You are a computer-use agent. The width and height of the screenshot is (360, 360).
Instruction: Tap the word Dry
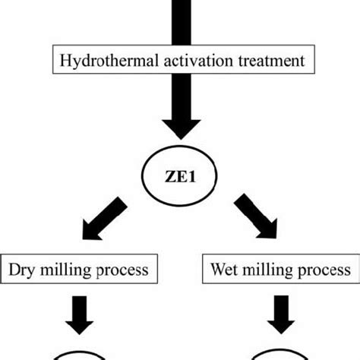tap(24, 270)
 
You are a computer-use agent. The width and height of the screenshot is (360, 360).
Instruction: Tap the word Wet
tap(223, 270)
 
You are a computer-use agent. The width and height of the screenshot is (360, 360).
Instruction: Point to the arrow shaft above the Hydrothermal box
tap(180, 15)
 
